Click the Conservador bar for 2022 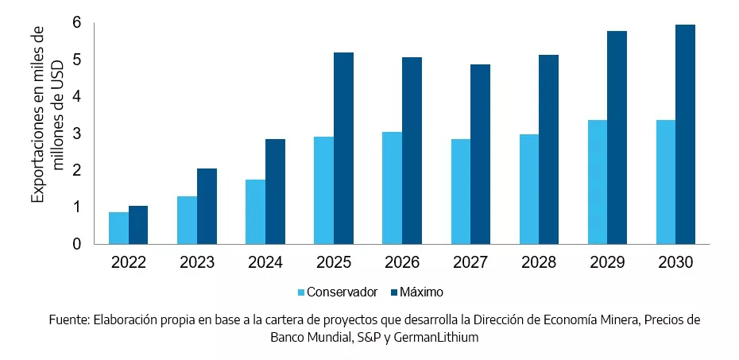pyautogui.click(x=118, y=228)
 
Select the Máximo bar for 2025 pyautogui.click(x=343, y=149)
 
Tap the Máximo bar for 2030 pyautogui.click(x=685, y=134)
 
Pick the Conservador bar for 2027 pyautogui.click(x=461, y=192)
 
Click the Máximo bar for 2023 pyautogui.click(x=207, y=207)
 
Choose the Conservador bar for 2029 pyautogui.click(x=598, y=182)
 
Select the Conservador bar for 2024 pyautogui.click(x=255, y=212)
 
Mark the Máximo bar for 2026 pyautogui.click(x=412, y=151)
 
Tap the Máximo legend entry pyautogui.click(x=422, y=292)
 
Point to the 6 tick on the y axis pyautogui.click(x=77, y=22)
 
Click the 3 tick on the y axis pyautogui.click(x=77, y=134)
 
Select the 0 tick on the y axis pyautogui.click(x=77, y=244)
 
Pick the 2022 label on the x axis pyautogui.click(x=128, y=262)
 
